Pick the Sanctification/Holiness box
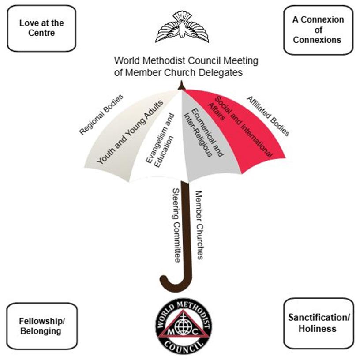(x=319, y=323)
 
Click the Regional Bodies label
(x=101, y=114)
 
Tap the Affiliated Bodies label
(x=268, y=116)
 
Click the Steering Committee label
(x=176, y=225)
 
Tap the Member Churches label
(x=199, y=225)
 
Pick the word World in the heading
(x=126, y=60)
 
